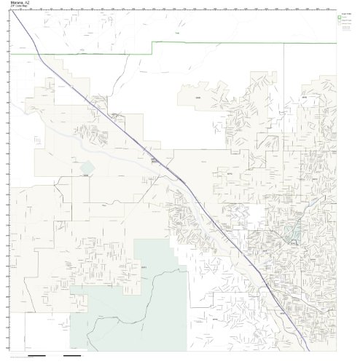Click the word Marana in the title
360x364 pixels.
tap(17, 3)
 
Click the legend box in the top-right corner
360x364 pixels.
tap(348, 26)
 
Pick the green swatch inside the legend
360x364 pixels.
tap(342, 19)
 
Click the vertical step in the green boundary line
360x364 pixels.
tap(152, 48)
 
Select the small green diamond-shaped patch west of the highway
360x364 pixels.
tap(87, 168)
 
